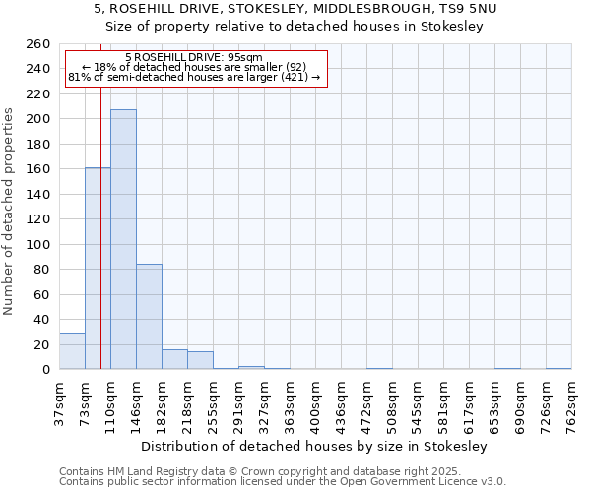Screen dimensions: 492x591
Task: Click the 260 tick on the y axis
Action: pos(39,44)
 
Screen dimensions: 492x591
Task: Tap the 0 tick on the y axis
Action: pos(45,370)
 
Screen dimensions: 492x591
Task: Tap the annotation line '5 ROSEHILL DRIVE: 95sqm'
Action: pos(194,57)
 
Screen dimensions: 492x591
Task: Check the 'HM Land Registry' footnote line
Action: pos(282,471)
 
